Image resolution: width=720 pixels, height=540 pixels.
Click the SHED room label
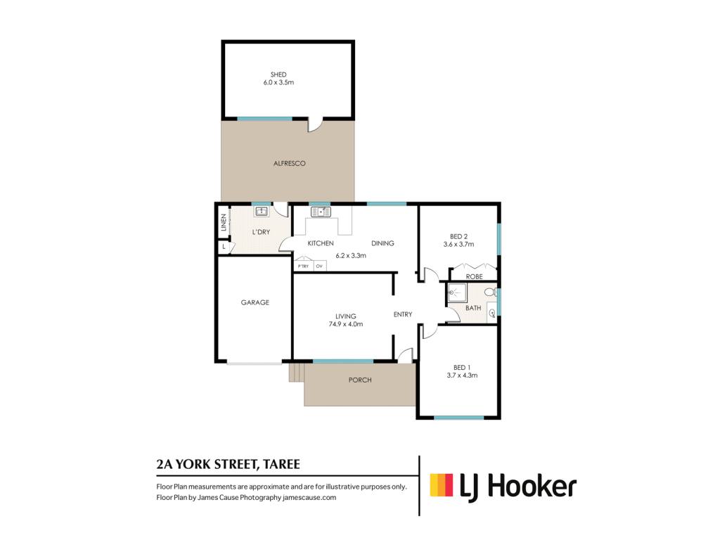pos(278,75)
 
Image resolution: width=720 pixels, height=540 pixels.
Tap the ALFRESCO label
pos(289,163)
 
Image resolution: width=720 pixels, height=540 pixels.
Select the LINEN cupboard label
pos(224,222)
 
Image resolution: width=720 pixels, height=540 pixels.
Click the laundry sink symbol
pos(262,211)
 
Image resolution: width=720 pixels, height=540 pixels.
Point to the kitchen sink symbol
pos(321,212)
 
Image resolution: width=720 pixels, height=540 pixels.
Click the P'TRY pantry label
pos(303,266)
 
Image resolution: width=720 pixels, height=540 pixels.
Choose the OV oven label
pos(319,266)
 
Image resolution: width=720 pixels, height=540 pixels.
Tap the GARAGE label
pos(255,302)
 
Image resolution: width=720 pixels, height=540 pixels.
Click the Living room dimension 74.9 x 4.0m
pos(346,324)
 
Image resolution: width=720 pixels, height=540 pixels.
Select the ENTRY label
pos(403,314)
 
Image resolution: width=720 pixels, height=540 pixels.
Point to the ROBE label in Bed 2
pos(474,276)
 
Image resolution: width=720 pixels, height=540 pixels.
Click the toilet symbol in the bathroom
pos(490,292)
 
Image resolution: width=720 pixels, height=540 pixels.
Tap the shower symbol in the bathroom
pos(457,292)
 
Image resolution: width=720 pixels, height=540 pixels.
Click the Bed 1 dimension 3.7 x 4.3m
pos(462,375)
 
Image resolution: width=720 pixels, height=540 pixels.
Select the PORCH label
pos(360,380)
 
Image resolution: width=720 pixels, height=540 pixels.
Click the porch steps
pos(296,373)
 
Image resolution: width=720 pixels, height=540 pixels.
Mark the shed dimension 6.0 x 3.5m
pos(278,83)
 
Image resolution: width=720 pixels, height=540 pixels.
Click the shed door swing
pos(315,126)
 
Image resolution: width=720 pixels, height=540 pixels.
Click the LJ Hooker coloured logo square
pos(442,485)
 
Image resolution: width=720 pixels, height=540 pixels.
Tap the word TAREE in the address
pos(281,464)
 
